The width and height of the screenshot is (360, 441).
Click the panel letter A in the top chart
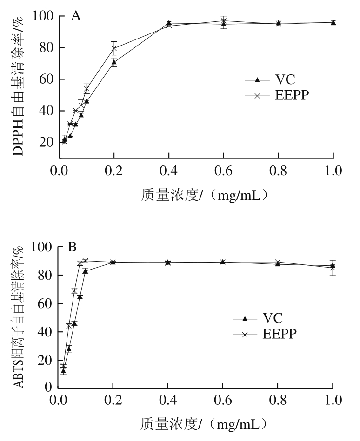76,17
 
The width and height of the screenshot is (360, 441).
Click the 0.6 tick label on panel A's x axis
224,171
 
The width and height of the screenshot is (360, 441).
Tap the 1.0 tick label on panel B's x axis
333,400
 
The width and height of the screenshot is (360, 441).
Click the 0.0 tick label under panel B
59,400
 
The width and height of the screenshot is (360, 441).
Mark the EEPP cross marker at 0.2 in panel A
114,48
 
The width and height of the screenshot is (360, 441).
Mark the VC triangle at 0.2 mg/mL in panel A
114,61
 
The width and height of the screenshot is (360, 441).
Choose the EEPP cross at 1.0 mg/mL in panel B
333,268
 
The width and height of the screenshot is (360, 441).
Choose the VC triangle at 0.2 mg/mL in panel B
113,262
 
